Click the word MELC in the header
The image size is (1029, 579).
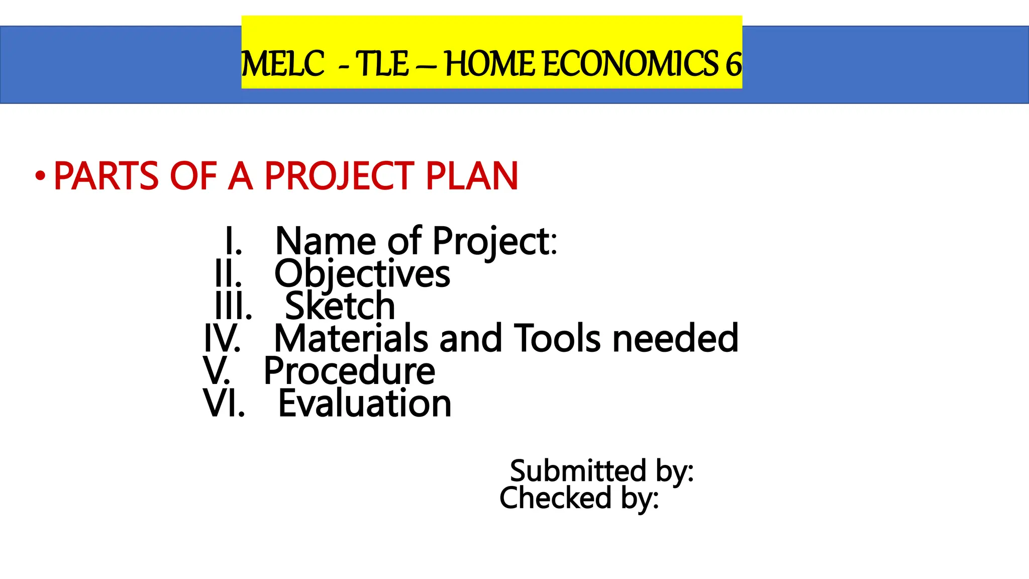[282, 64]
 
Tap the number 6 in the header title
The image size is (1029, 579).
[733, 64]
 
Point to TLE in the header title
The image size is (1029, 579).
[382, 64]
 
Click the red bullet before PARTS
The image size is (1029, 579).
[40, 176]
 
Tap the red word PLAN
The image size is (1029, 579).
[471, 176]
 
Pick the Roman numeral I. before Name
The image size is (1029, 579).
[234, 242]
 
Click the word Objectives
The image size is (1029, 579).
[362, 274]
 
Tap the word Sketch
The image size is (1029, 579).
[340, 307]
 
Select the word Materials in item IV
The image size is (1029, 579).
[351, 339]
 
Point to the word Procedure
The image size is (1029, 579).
[350, 371]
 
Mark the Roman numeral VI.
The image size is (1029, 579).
[224, 404]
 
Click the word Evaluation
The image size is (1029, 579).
[365, 404]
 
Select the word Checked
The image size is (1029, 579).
[555, 498]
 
